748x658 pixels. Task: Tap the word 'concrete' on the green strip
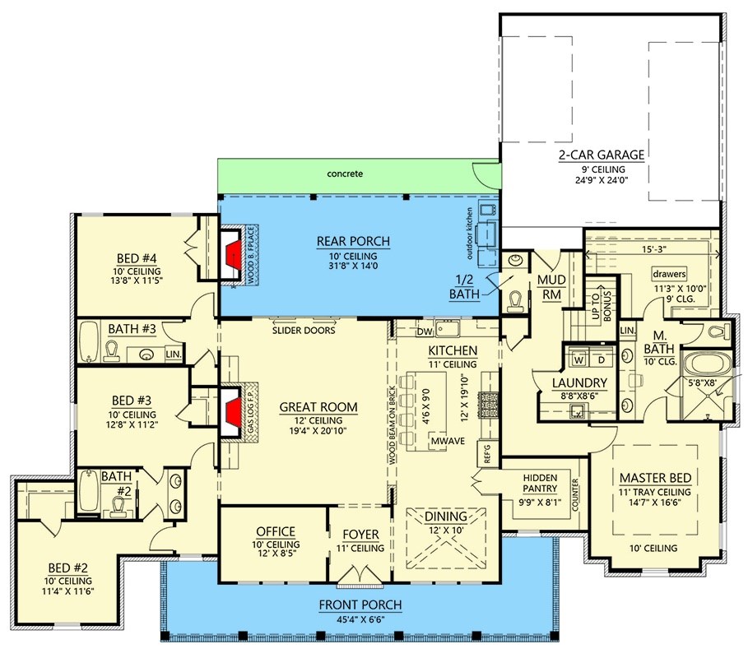344,174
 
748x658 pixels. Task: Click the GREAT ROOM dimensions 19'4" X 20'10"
318,432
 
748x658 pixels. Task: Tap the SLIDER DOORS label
304,331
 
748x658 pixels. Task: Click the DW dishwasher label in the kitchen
424,332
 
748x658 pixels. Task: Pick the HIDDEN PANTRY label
540,484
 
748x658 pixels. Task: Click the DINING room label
446,517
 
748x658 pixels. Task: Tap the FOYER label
360,533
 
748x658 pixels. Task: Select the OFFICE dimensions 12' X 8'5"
276,555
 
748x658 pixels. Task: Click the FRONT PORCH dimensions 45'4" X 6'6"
360,620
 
